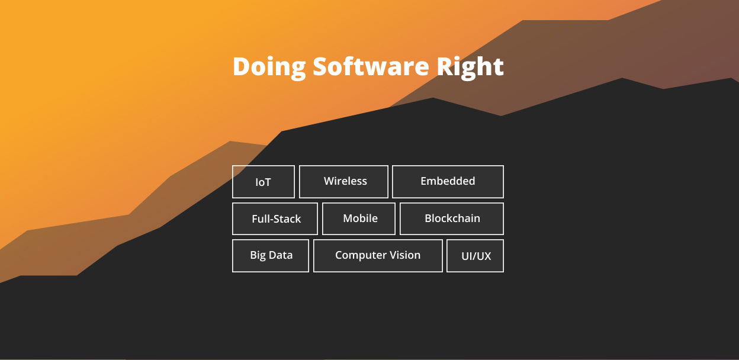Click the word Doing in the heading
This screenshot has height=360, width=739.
pos(269,68)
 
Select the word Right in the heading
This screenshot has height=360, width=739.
pos(470,68)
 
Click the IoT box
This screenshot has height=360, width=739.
pos(264,182)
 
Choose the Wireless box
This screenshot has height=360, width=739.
pos(343,182)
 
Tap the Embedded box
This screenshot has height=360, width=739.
pos(448,182)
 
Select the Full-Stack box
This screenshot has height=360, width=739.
pos(275,218)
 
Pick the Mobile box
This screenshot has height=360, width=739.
pos(359,218)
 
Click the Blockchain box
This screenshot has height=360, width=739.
pos(452,218)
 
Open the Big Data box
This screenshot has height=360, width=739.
pos(271,256)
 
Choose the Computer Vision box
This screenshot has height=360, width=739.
pos(378,256)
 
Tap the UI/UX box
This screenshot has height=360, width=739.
pos(475,256)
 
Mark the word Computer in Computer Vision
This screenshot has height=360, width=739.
pos(361,255)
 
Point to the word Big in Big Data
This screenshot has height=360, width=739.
pos(258,256)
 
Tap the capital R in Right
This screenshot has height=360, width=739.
pos(445,66)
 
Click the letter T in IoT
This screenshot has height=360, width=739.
pos(268,182)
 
